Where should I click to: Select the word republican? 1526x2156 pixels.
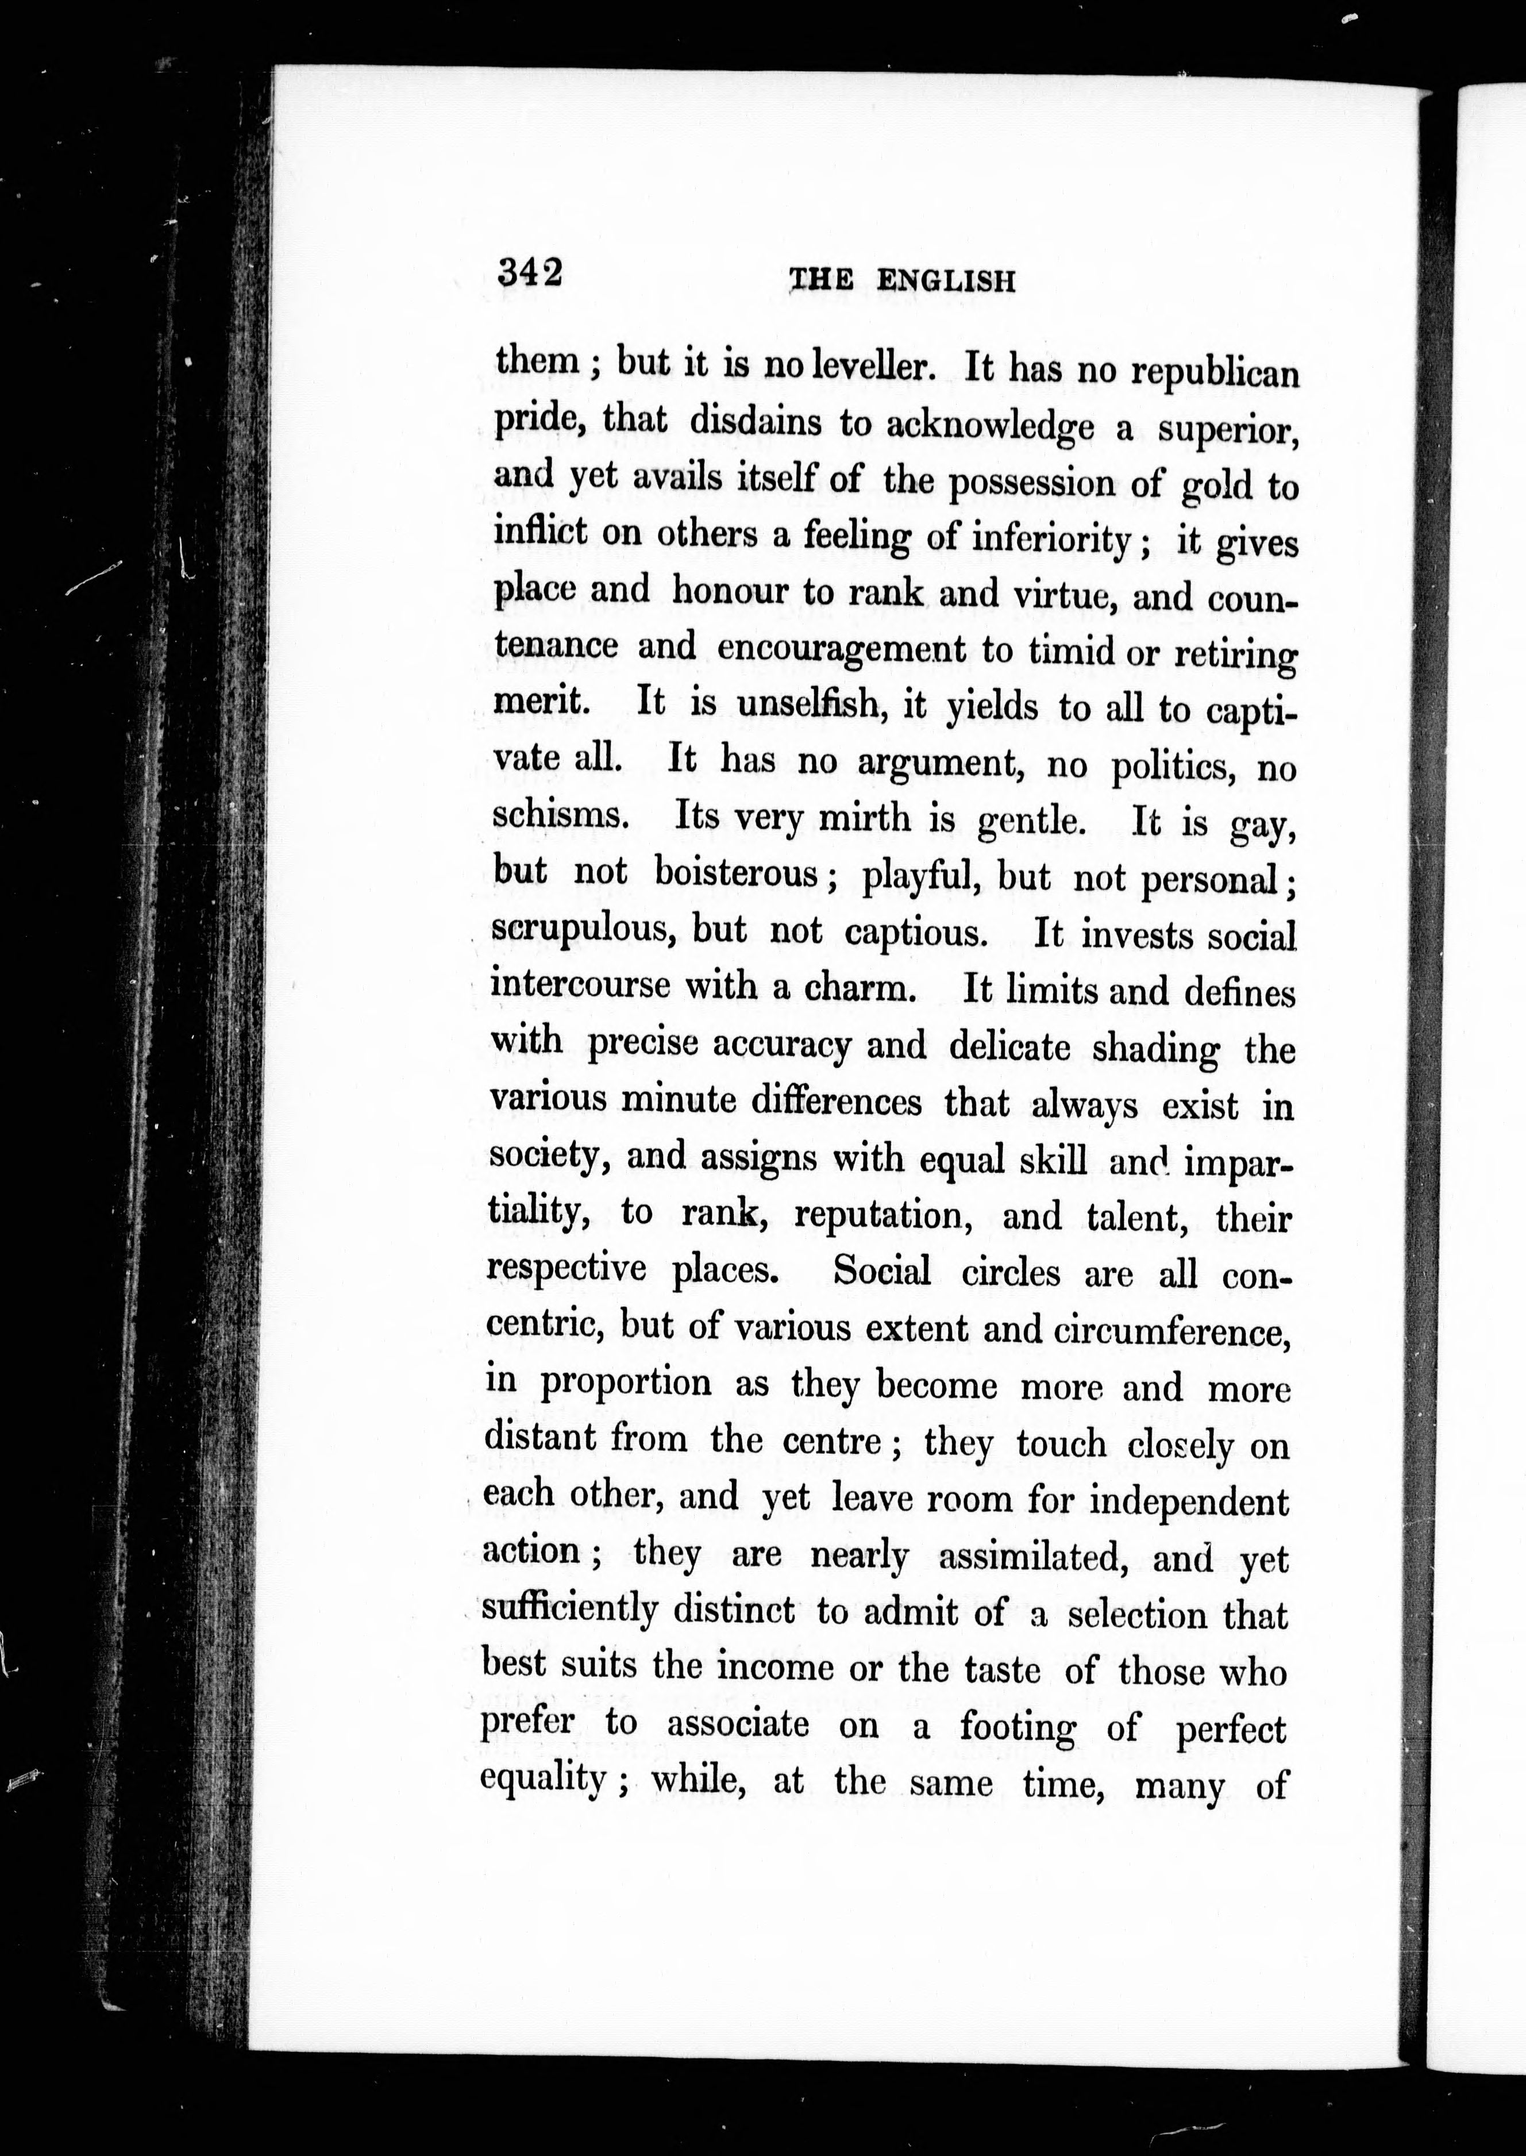(x=1215, y=372)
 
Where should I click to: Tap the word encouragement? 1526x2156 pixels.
(x=841, y=649)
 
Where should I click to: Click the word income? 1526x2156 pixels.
(x=775, y=1668)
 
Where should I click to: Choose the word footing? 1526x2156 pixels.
(x=1018, y=1727)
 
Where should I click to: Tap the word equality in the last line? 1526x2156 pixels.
(x=542, y=1779)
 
